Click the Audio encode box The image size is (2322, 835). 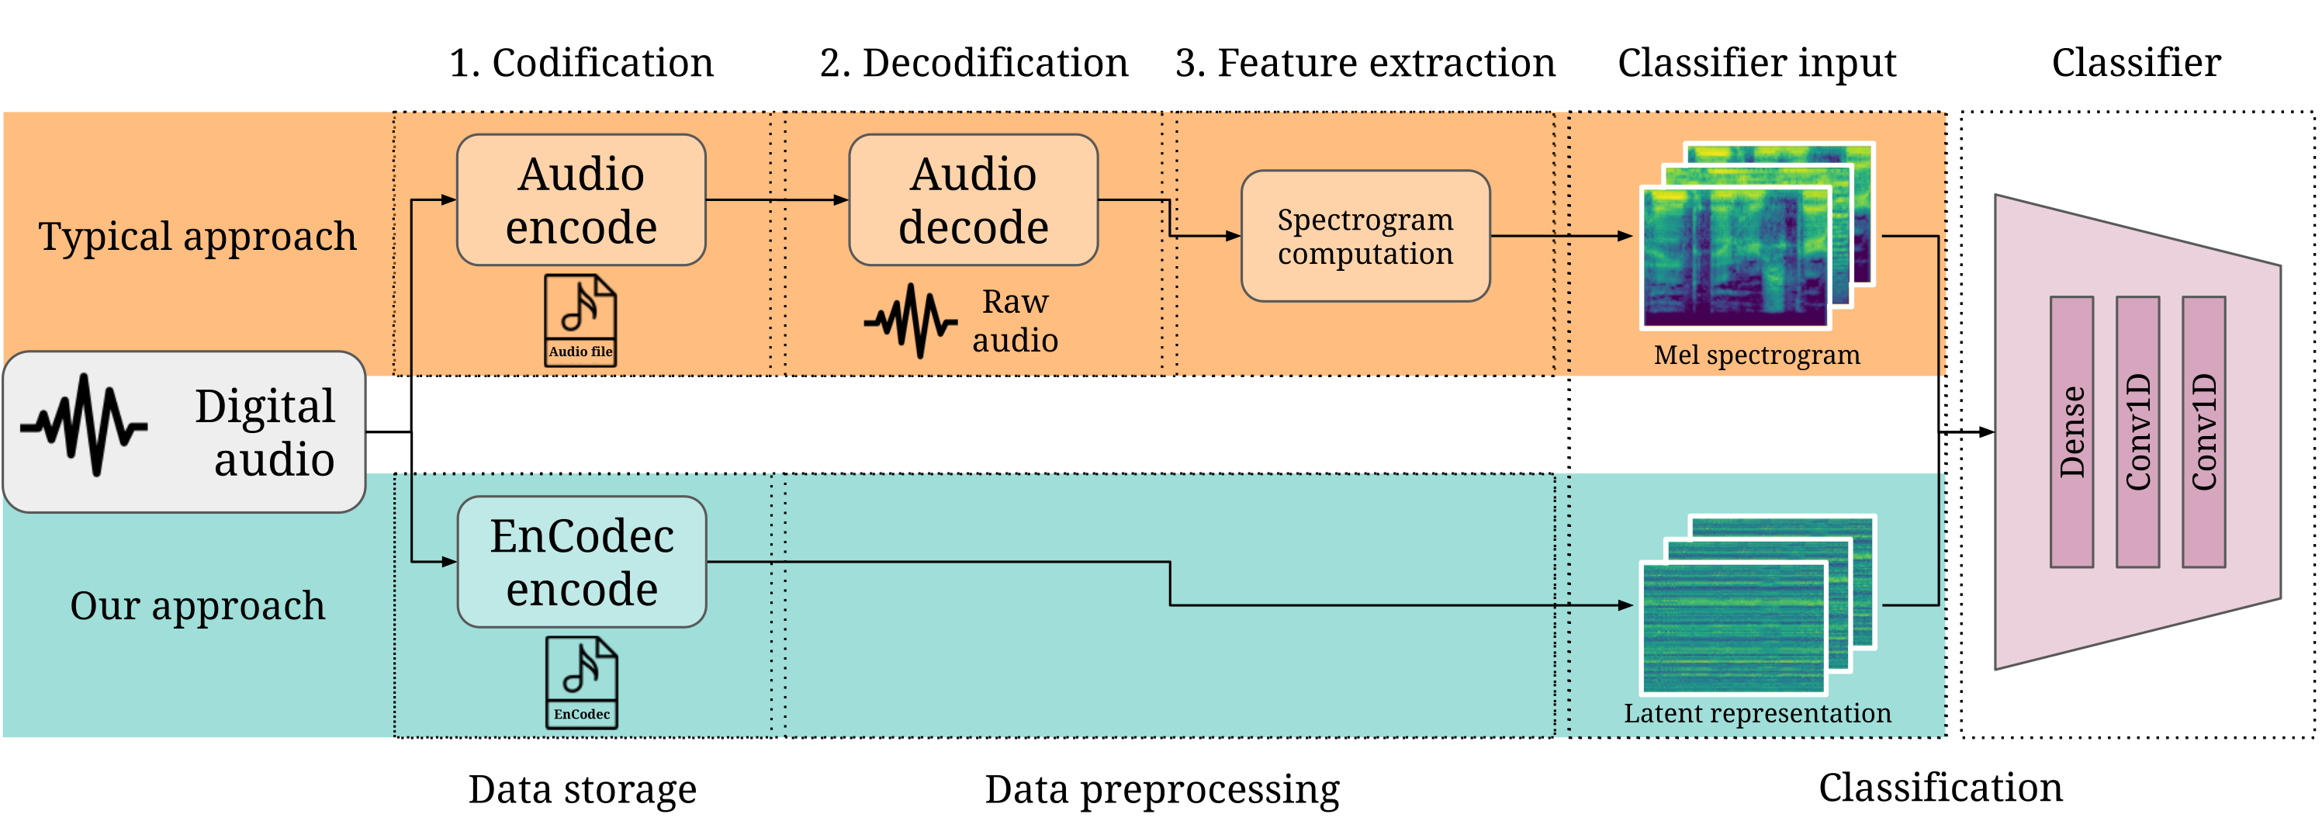pos(580,200)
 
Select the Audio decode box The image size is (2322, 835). pos(973,200)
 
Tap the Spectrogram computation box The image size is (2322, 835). pos(1365,236)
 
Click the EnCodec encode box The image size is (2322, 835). pos(581,562)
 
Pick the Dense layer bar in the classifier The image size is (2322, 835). pos(2071,432)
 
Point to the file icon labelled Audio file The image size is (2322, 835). pos(580,320)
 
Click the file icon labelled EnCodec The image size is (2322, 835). pos(581,683)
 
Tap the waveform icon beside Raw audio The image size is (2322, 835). pos(910,320)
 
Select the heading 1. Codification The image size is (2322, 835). pos(580,63)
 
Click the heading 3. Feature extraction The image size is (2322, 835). pos(1365,63)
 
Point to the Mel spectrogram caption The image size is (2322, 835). pos(1756,355)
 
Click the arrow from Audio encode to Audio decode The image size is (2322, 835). pos(775,200)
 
